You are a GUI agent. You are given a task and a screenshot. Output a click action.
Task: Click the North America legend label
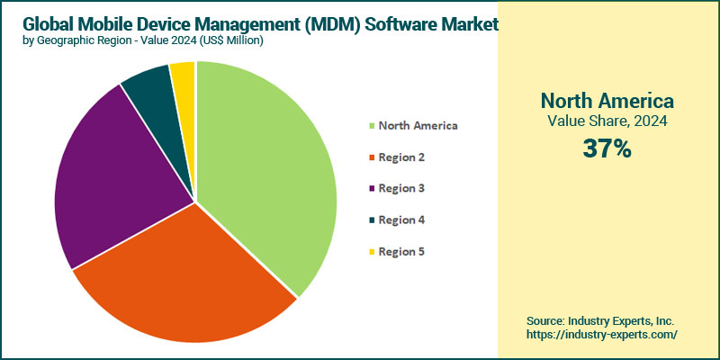[x=418, y=125]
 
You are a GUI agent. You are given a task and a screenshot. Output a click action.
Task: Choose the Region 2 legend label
[x=401, y=157]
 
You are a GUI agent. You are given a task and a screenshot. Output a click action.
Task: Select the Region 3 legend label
[x=401, y=188]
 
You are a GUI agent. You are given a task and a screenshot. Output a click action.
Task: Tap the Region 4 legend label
[x=401, y=220]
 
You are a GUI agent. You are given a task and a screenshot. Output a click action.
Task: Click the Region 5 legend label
[x=401, y=251]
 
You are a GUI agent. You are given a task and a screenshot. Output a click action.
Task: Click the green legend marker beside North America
[x=371, y=126]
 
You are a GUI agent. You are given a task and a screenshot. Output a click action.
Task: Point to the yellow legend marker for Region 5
[x=371, y=252]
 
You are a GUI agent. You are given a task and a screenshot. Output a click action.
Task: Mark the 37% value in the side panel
[x=607, y=148]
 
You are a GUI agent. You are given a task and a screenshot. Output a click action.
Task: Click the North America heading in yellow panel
[x=607, y=100]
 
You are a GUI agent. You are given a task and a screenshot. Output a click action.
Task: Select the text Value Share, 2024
[x=607, y=121]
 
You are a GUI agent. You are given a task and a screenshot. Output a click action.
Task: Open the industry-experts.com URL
[x=602, y=334]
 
